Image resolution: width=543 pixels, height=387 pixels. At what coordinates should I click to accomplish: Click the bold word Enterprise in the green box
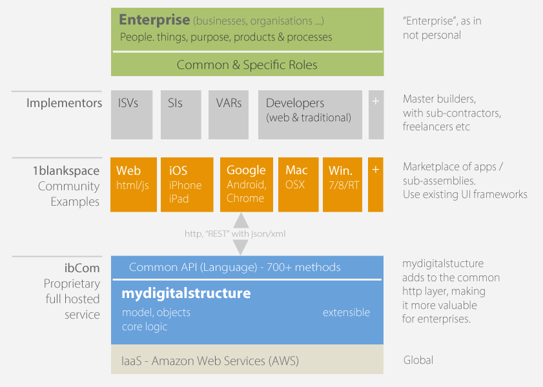[x=154, y=20]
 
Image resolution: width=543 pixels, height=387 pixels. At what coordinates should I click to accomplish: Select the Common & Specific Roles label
[x=247, y=65]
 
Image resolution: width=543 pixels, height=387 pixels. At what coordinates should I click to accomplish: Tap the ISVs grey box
[x=132, y=115]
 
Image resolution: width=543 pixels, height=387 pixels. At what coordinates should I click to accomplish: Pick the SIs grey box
[x=181, y=115]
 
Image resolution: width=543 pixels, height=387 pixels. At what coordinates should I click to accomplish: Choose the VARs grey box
[x=229, y=115]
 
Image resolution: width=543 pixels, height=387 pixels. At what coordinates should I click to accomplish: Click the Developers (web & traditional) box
[x=310, y=115]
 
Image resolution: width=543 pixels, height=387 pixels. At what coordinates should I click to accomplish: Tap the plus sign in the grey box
[x=376, y=101]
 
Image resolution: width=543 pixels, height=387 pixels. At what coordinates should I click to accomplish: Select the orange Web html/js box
[x=134, y=184]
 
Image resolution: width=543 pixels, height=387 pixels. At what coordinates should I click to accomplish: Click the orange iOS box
[x=187, y=184]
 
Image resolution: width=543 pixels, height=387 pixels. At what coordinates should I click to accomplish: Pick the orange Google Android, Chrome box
[x=247, y=184]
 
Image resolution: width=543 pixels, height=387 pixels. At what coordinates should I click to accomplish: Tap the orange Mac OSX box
[x=298, y=184]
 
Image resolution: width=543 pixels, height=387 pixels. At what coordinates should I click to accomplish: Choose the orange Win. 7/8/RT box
[x=342, y=184]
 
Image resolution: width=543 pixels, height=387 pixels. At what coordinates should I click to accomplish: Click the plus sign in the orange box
[x=375, y=170]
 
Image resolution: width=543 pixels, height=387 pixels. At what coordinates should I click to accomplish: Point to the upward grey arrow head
[x=241, y=221]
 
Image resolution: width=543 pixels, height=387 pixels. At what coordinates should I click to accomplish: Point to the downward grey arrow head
[x=241, y=247]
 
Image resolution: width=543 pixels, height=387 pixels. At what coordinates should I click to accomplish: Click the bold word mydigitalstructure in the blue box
[x=187, y=293]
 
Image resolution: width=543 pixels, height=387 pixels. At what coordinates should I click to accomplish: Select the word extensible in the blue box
[x=346, y=312]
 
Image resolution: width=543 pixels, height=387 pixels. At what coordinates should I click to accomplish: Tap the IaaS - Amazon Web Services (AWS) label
[x=210, y=361]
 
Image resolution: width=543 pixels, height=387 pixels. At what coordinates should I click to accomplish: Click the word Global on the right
[x=418, y=360]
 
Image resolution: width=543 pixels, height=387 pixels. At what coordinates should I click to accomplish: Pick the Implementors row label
[x=65, y=103]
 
